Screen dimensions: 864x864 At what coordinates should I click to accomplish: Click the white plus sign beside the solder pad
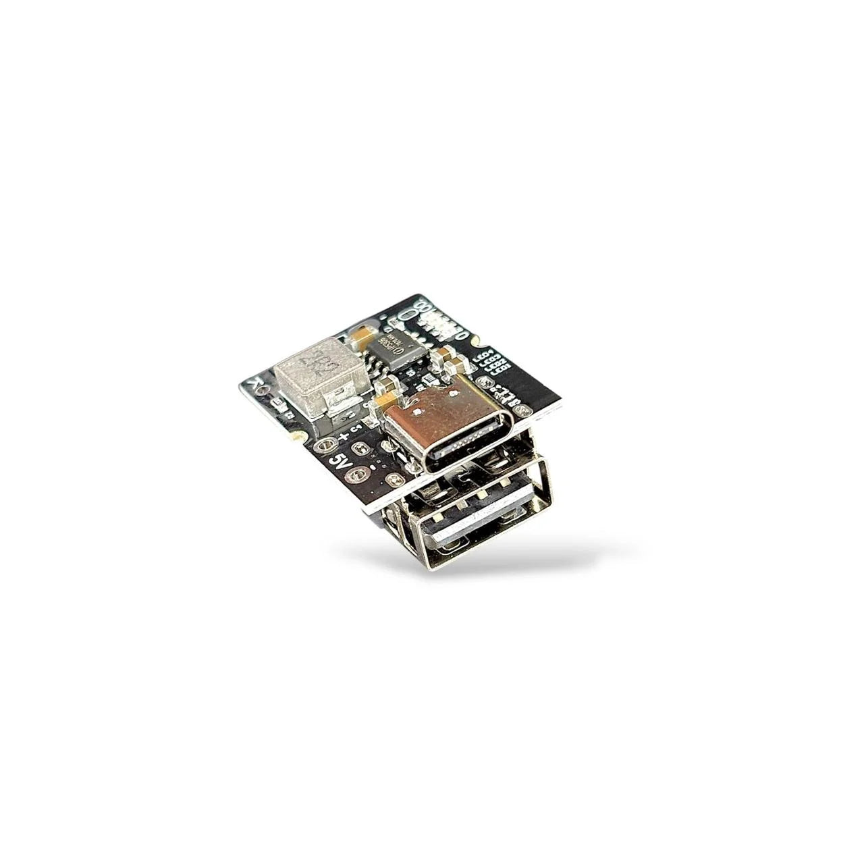coord(343,437)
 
